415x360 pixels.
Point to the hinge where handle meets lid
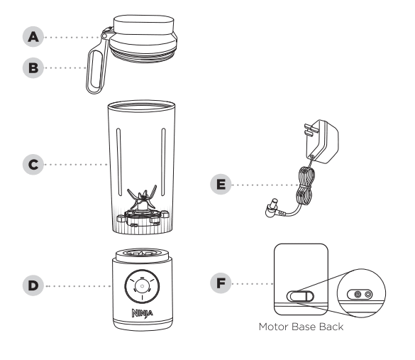[109, 36]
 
